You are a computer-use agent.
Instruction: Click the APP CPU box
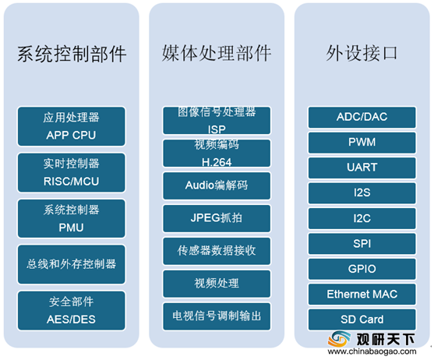coord(72,126)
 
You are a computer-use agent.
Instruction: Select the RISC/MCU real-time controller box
coord(72,173)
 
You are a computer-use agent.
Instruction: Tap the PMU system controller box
coord(72,219)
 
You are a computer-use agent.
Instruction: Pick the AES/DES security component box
coord(72,310)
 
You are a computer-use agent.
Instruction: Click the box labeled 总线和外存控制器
coord(72,264)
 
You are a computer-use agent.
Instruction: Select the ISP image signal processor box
coord(217,121)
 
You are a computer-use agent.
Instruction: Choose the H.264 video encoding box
coord(217,154)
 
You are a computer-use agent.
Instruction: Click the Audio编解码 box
coord(217,185)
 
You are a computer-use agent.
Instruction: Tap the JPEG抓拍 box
coord(217,218)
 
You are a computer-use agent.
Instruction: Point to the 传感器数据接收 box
coord(217,251)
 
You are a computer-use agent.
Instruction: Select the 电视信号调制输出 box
coord(217,316)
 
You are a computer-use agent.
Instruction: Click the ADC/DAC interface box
coord(362,118)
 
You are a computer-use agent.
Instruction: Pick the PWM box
coord(362,143)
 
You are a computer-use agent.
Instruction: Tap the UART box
coord(362,168)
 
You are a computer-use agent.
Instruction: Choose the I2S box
coord(362,193)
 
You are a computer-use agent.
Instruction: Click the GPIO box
coord(362,269)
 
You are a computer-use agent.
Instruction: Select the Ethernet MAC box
coord(362,294)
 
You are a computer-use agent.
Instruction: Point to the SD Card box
coord(362,319)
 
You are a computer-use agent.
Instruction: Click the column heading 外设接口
coord(362,53)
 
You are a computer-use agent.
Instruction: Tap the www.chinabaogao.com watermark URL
coord(372,351)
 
